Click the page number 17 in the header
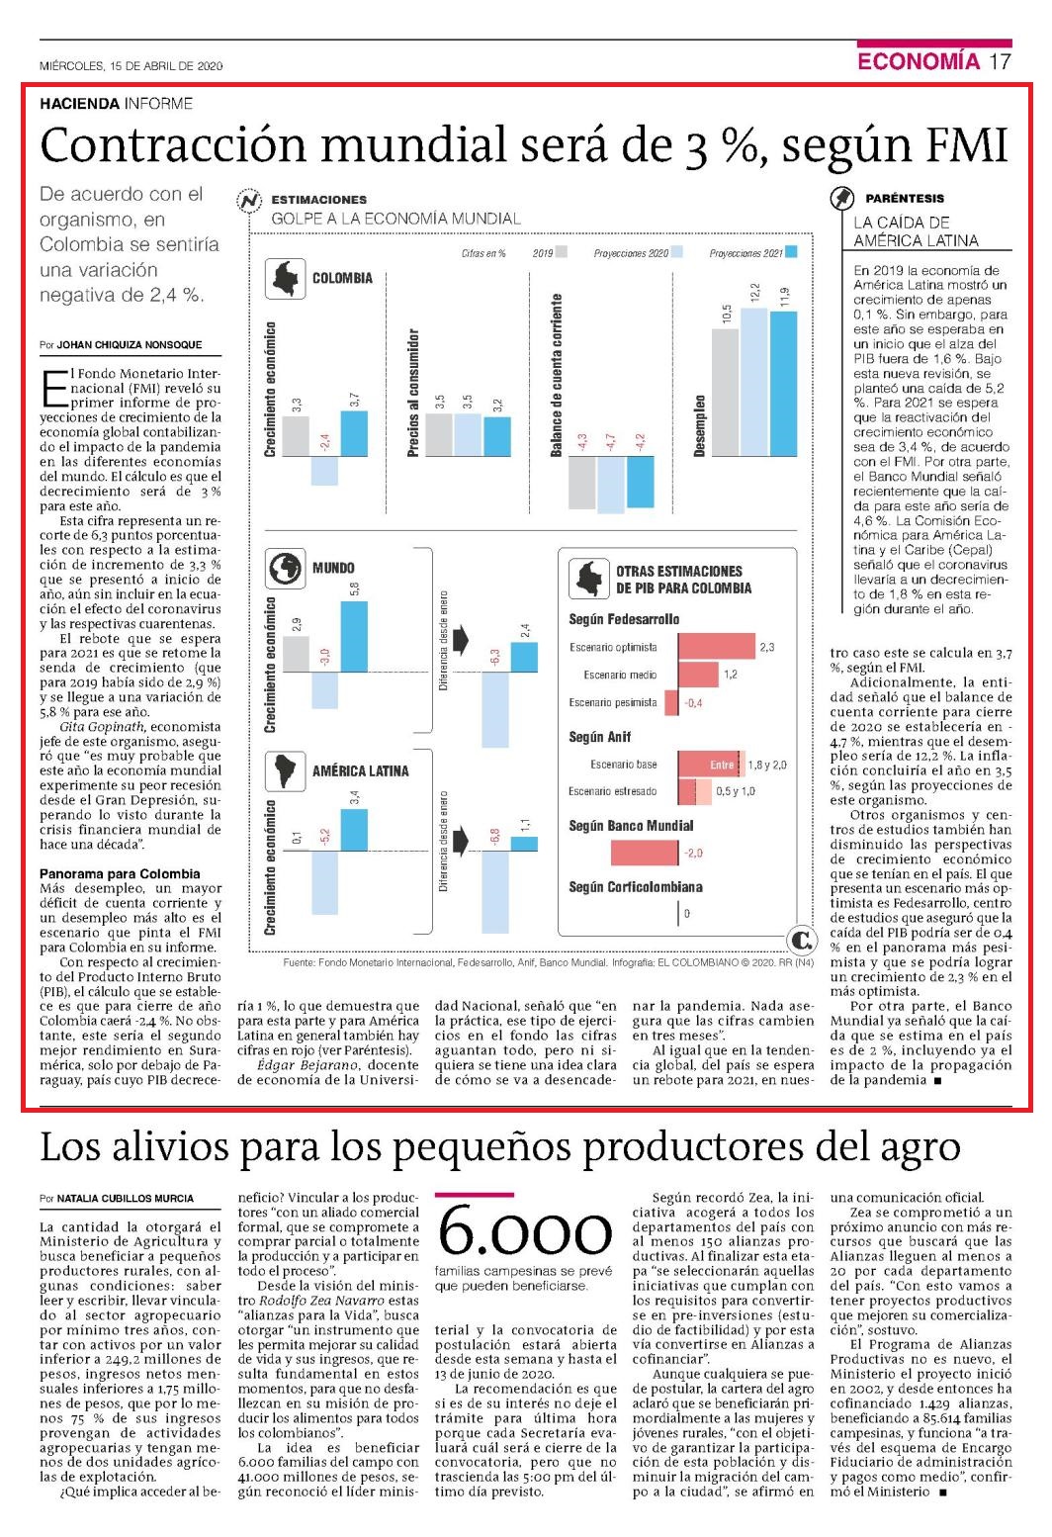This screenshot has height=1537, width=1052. [x=1000, y=61]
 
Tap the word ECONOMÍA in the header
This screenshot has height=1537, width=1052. [x=919, y=61]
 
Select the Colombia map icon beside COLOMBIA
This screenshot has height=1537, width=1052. [x=286, y=278]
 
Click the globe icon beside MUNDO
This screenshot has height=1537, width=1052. [x=286, y=568]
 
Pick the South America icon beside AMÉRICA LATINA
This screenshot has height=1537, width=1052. [x=286, y=770]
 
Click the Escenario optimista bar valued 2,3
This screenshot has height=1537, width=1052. [x=717, y=647]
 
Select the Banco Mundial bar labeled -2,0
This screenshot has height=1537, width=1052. [x=645, y=853]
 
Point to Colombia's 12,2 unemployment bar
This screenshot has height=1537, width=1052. [x=753, y=382]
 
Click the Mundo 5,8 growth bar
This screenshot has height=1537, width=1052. [x=354, y=636]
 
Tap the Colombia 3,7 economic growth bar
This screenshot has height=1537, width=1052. [x=354, y=433]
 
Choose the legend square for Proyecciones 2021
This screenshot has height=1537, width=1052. [x=791, y=252]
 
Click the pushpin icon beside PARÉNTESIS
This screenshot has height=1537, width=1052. [x=841, y=198]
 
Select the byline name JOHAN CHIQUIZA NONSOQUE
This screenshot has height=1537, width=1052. [x=129, y=344]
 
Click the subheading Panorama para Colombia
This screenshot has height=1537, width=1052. [x=120, y=873]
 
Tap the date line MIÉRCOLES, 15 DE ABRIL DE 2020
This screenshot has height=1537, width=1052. [x=131, y=66]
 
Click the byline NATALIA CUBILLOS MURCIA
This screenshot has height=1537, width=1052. [x=126, y=1198]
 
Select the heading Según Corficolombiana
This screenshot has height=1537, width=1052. [x=636, y=886]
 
